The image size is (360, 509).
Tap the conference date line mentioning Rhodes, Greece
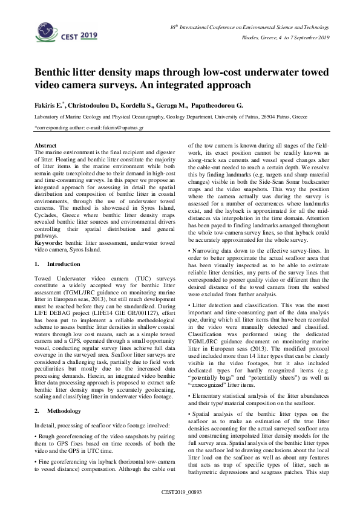click(x=284, y=38)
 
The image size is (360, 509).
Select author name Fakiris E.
click(x=50, y=105)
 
